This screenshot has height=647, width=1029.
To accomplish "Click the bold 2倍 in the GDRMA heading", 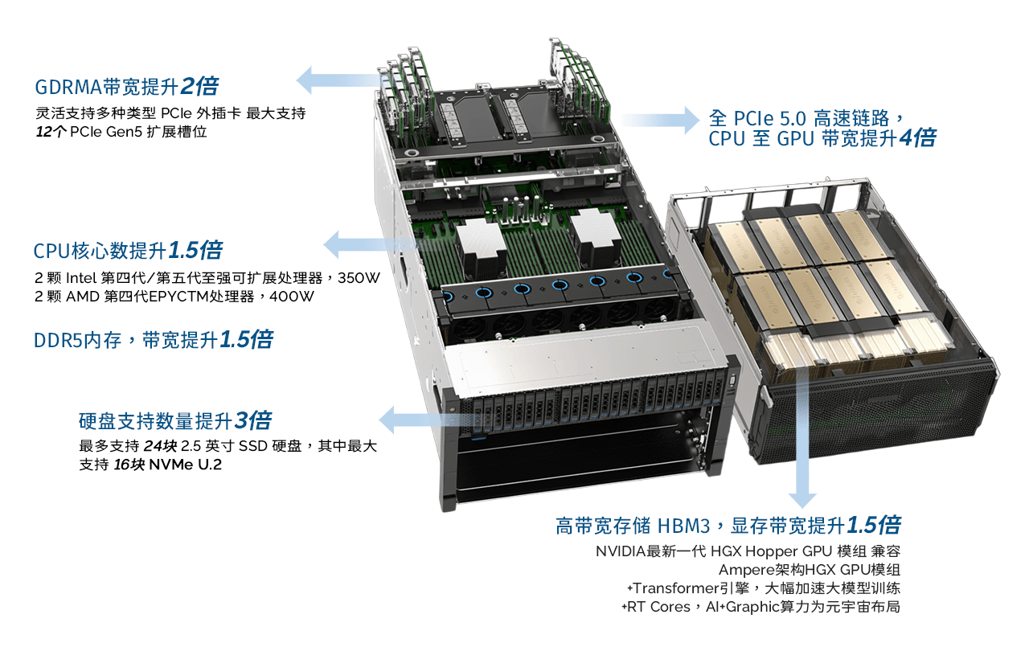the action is (200, 86).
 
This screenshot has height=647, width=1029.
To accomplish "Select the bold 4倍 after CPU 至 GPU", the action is (917, 137).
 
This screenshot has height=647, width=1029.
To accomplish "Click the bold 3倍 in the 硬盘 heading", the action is (253, 420).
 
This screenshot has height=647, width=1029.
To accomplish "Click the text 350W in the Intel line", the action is (359, 278).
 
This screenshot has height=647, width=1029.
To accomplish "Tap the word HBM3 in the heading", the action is (684, 526).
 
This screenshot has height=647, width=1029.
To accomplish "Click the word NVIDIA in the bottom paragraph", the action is (621, 551).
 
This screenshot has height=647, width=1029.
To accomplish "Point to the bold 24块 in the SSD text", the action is (160, 446).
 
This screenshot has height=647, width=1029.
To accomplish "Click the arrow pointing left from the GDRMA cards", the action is (341, 80).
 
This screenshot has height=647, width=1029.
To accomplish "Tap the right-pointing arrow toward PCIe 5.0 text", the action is (661, 121).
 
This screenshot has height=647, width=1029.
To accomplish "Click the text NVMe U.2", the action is (186, 465).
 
